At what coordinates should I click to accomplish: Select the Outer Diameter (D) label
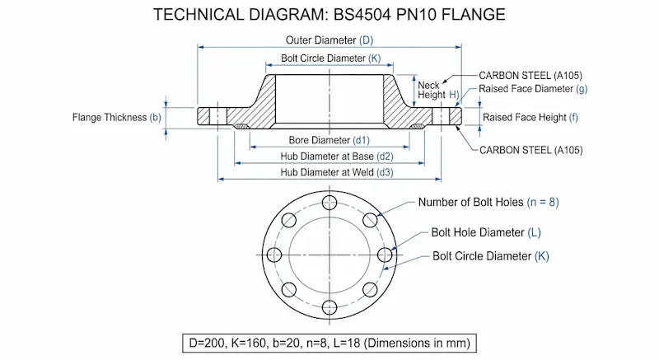[329, 40]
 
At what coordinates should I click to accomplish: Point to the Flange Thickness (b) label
[117, 117]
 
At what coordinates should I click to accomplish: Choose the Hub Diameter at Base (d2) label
[329, 156]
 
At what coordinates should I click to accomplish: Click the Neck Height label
[429, 90]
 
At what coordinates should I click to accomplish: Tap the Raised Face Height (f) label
[530, 117]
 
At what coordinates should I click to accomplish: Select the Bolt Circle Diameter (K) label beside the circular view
[490, 255]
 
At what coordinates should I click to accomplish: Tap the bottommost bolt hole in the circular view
[329, 307]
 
